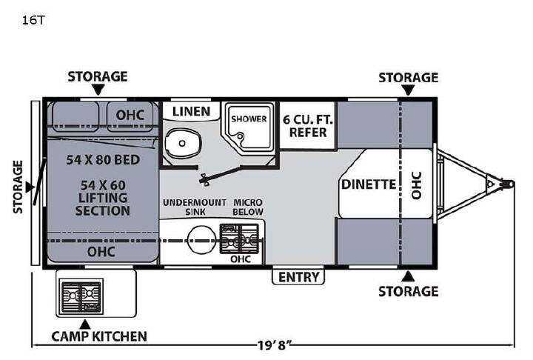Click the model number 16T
coord(33,20)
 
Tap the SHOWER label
coord(249,119)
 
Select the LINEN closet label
coord(192,111)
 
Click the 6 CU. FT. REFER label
coord(308,126)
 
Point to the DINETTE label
coord(369,184)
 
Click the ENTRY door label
coord(299,277)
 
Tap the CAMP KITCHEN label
coord(99,336)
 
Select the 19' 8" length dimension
coord(275,346)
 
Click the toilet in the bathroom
coord(183,143)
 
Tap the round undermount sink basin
coord(202,240)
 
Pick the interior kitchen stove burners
coord(239,239)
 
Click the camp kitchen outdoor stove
coord(81,297)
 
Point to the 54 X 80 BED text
coord(103,160)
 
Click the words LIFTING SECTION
coord(103,204)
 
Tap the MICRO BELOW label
coord(248,207)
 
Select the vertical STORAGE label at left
coord(18,187)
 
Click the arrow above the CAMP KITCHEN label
coord(85,324)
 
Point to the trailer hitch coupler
coord(508,184)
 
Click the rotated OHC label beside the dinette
coord(417,185)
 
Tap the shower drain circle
coord(241,137)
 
